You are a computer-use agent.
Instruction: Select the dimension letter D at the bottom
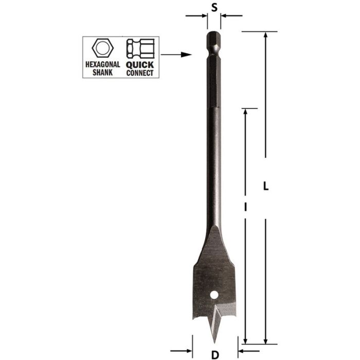click(215, 354)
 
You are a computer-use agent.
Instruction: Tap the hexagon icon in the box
click(102, 49)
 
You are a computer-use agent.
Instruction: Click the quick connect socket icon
click(139, 49)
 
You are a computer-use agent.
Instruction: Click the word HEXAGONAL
click(102, 65)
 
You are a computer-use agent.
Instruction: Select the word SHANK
click(102, 73)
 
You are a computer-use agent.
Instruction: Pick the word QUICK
click(139, 65)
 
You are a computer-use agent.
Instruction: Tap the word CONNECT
click(139, 73)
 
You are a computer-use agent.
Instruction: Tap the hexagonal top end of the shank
click(214, 39)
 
